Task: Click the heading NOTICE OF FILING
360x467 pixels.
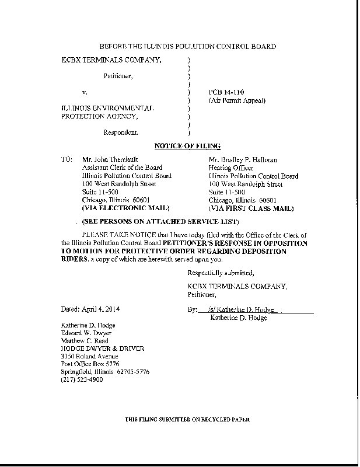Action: [x=187, y=146]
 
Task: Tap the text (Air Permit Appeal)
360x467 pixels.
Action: [x=237, y=100]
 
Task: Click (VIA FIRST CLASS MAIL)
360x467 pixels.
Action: [x=251, y=208]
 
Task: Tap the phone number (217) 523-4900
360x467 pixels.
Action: [x=82, y=380]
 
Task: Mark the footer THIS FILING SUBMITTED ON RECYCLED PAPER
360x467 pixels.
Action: [x=188, y=420]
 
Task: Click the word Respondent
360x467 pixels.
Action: [x=121, y=133]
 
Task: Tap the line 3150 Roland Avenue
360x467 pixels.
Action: [x=90, y=356]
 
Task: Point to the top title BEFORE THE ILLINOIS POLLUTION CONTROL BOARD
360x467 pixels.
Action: [x=188, y=46]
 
